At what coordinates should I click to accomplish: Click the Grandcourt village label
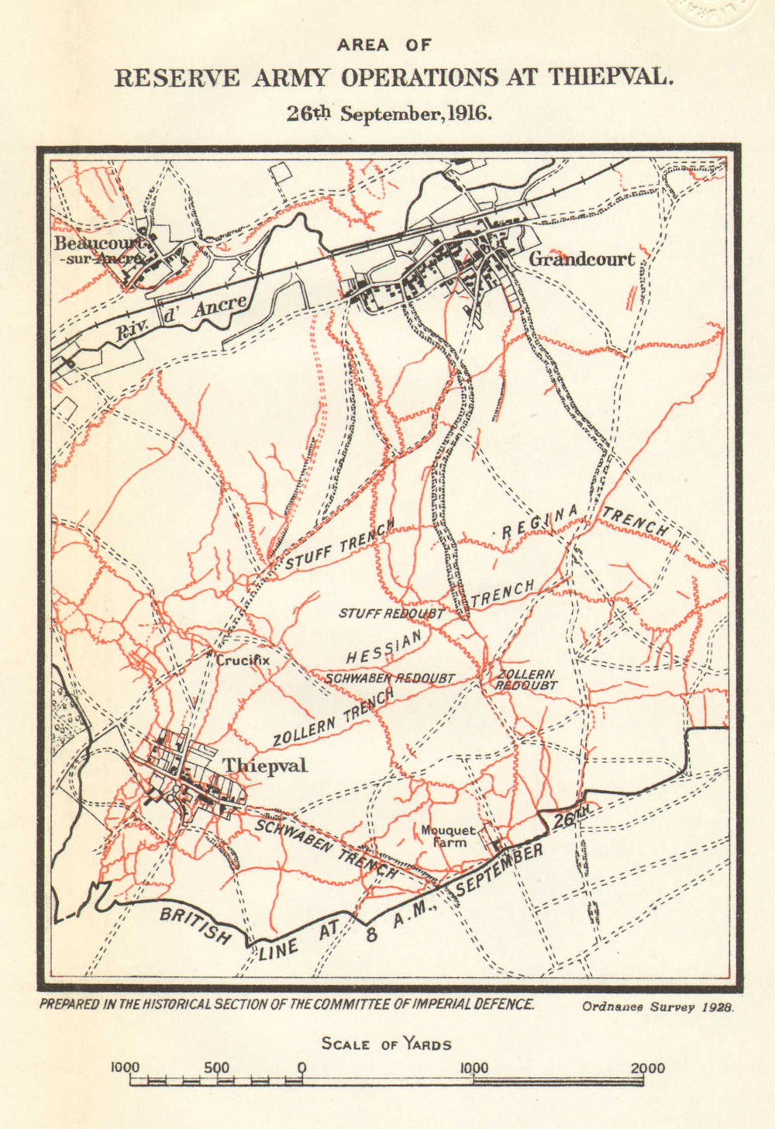[x=580, y=259]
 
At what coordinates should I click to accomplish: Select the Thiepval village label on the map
[x=265, y=765]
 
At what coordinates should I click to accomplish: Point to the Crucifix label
[x=243, y=661]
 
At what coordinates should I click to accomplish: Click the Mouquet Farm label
[x=448, y=836]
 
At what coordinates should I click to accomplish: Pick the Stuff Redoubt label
[x=391, y=613]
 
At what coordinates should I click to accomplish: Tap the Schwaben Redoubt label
[x=390, y=678]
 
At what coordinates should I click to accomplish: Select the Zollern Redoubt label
[x=526, y=680]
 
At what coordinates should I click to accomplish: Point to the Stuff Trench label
[x=340, y=546]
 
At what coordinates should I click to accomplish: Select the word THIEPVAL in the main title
[x=608, y=78]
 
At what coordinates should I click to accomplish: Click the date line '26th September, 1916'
[x=389, y=113]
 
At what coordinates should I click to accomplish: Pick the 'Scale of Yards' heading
[x=386, y=1044]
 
